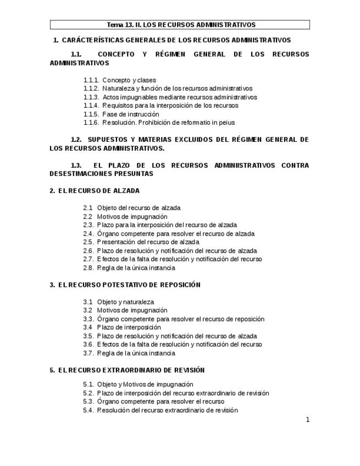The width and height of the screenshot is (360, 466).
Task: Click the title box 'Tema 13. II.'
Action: click(180, 25)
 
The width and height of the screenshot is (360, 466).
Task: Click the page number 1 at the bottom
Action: click(308, 420)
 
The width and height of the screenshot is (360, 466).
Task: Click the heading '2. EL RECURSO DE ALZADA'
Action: click(95, 191)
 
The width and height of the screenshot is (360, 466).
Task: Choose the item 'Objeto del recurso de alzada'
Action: click(139, 208)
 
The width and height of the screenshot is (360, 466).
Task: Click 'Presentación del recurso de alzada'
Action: click(148, 242)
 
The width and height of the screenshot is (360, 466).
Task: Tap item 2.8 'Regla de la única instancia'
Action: click(136, 268)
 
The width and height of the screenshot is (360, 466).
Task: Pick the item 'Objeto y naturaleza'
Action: click(125, 302)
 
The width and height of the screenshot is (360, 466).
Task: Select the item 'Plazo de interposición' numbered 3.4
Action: click(129, 328)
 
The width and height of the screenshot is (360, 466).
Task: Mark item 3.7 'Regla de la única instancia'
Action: click(136, 353)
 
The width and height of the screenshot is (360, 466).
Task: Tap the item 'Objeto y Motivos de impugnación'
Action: click(145, 384)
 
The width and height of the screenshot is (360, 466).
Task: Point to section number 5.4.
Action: click(88, 410)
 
